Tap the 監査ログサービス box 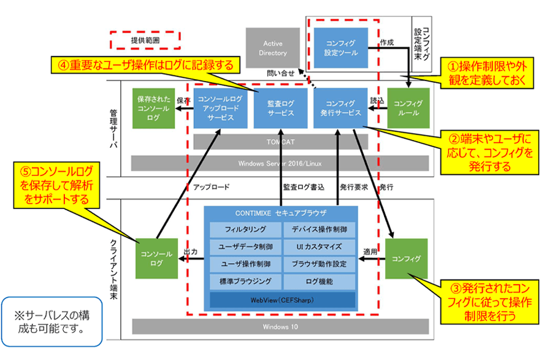(x=280, y=109)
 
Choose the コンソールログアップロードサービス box (x=220, y=109)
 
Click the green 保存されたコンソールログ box (x=152, y=109)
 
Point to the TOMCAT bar (x=280, y=142)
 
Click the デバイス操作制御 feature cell (x=320, y=230)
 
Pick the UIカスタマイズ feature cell (x=320, y=247)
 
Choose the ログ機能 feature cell (x=320, y=281)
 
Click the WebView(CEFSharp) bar (x=282, y=300)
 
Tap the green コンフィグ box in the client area (x=407, y=259)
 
